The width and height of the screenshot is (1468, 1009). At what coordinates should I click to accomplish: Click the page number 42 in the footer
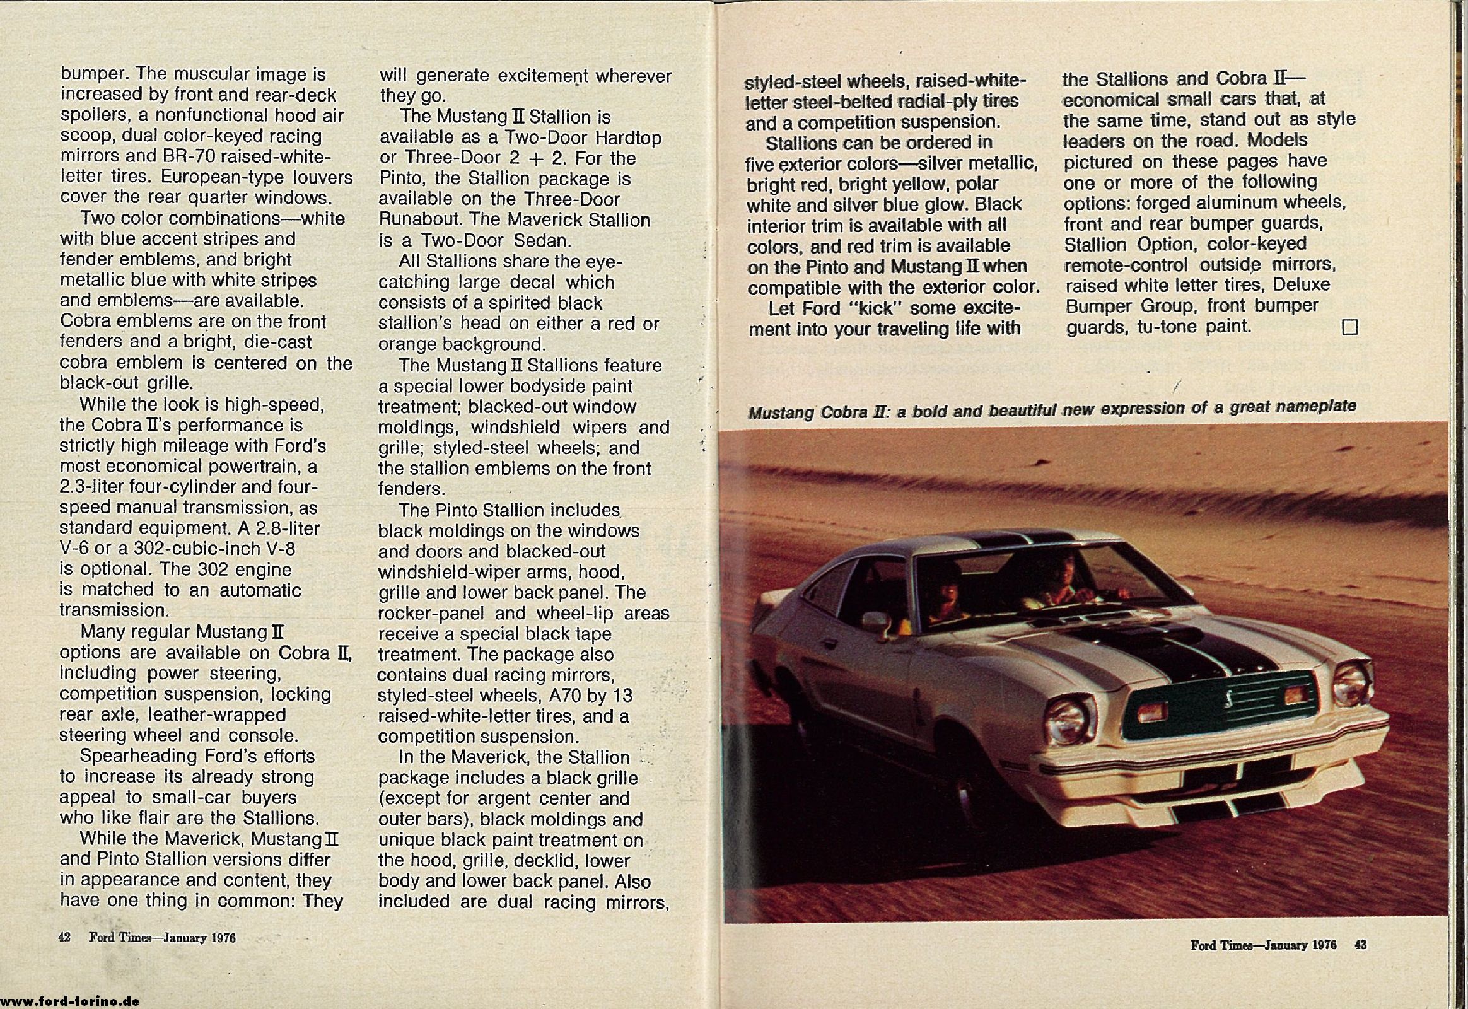[64, 937]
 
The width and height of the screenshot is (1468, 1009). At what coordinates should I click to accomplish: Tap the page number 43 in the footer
[1361, 945]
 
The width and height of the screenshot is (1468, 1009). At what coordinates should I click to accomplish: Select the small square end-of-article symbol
[1349, 327]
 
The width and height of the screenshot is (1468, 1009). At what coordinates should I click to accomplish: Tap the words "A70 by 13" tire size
[591, 696]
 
